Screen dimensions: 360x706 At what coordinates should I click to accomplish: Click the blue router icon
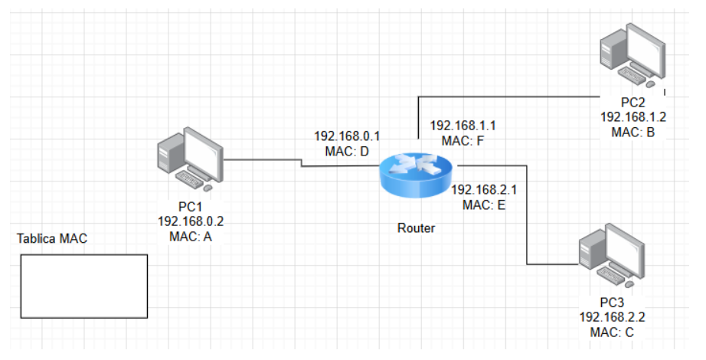point(417,175)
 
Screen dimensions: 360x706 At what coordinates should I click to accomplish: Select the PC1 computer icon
point(188,159)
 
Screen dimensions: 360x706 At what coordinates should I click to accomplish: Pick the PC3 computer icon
point(613,254)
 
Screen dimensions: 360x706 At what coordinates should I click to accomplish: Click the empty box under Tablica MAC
point(83,286)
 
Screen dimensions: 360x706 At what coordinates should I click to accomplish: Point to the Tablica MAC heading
point(52,238)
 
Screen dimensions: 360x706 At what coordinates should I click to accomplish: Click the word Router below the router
point(417,227)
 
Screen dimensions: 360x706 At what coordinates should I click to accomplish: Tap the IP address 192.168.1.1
point(462,126)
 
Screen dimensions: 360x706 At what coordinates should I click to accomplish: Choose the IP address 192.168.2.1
point(484,189)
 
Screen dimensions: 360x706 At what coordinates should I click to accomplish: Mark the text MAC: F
point(462,141)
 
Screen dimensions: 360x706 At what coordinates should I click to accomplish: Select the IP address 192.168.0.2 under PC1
point(191,221)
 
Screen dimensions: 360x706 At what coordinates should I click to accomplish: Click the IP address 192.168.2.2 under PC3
point(612,317)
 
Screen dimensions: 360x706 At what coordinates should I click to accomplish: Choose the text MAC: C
point(612,332)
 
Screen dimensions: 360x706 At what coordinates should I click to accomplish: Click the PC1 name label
point(191,208)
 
